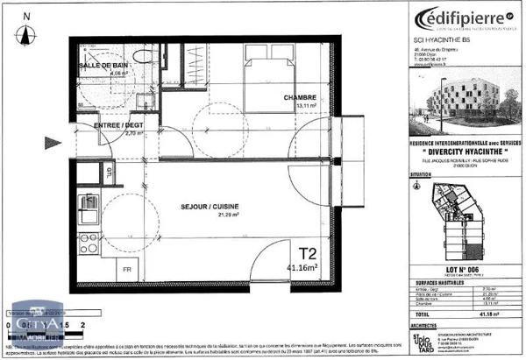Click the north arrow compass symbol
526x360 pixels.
26,28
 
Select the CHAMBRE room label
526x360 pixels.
300,96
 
